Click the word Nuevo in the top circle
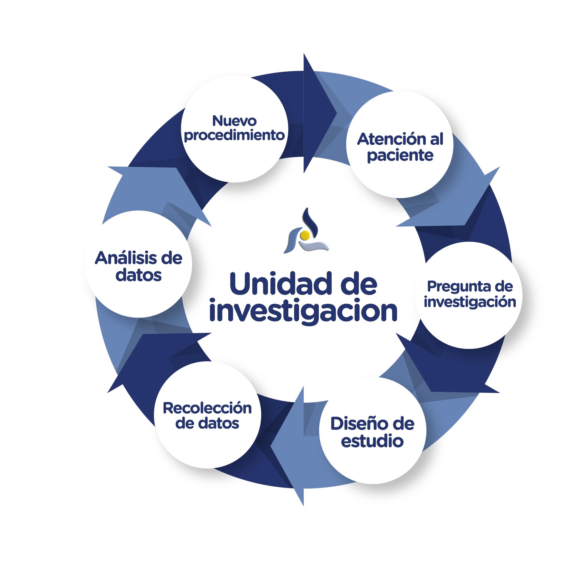click(x=234, y=121)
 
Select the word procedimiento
click(x=234, y=136)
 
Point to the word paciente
click(x=400, y=155)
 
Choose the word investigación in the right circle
click(x=470, y=302)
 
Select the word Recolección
click(x=207, y=408)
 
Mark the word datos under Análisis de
click(x=138, y=275)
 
